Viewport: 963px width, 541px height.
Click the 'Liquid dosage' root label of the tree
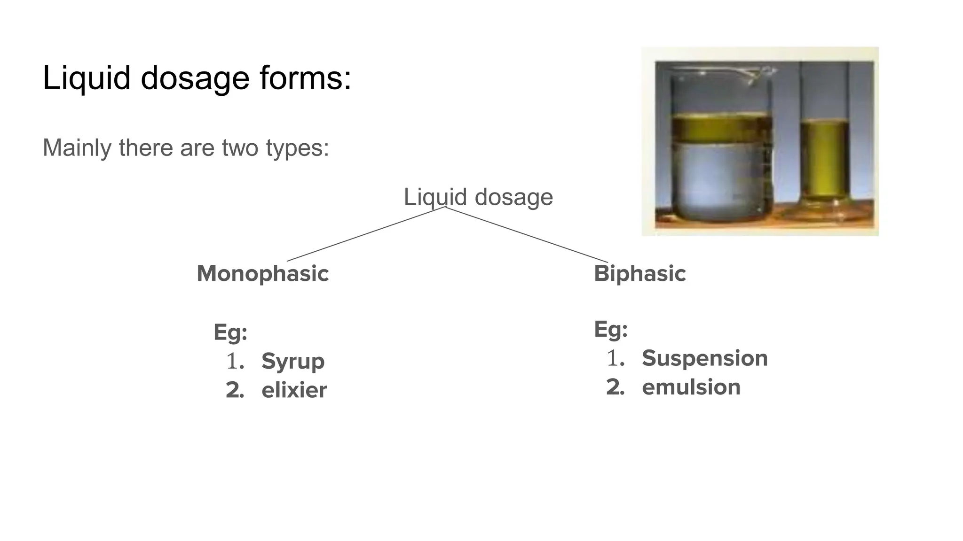(x=478, y=197)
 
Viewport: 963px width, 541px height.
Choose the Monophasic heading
(x=262, y=273)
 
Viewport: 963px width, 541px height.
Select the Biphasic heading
(x=639, y=273)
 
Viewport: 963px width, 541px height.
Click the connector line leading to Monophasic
(x=366, y=234)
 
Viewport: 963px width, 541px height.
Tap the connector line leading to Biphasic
(x=527, y=234)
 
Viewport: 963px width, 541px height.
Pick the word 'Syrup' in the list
(x=293, y=361)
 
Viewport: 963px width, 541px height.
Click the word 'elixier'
(x=294, y=390)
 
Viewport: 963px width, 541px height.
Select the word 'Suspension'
(x=704, y=358)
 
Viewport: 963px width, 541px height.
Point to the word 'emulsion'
(x=691, y=387)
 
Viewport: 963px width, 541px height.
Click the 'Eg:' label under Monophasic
(x=230, y=332)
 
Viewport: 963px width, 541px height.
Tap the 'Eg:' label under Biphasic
(x=611, y=329)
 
